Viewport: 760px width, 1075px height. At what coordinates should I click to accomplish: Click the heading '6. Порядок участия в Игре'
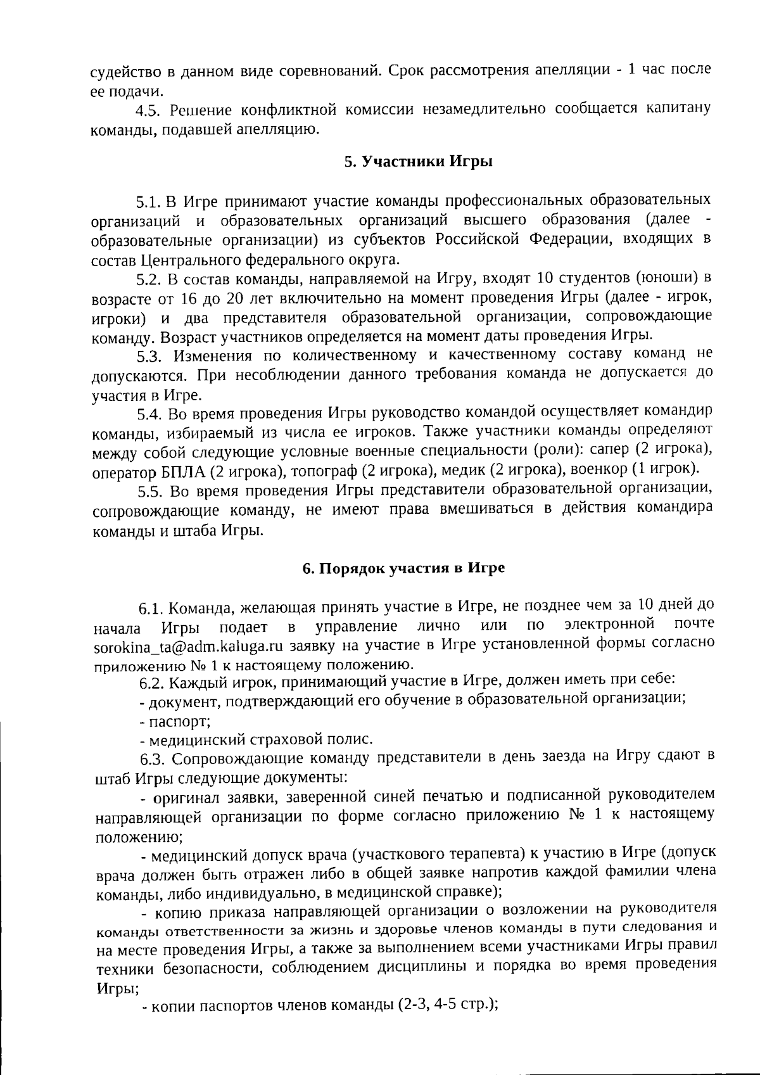403,568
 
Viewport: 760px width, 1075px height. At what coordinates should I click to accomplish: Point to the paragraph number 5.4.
151,414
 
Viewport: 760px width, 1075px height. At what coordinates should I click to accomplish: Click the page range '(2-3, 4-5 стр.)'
448,1005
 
